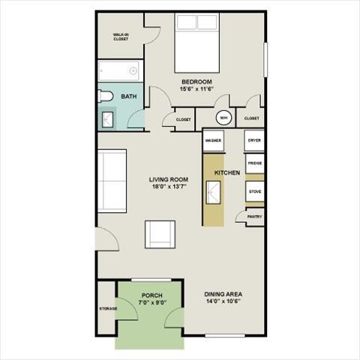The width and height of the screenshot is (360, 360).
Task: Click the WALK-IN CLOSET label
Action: pyautogui.click(x=121, y=37)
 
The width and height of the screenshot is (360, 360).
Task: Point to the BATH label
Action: pyautogui.click(x=129, y=96)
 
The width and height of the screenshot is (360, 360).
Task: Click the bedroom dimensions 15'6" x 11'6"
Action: pyautogui.click(x=196, y=89)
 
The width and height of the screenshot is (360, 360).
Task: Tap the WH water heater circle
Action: pyautogui.click(x=223, y=118)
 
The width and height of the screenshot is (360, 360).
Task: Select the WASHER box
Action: pyautogui.click(x=213, y=140)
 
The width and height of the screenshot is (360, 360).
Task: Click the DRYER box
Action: pyautogui.click(x=254, y=140)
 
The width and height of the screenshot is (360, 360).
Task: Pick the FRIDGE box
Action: pyautogui.click(x=254, y=163)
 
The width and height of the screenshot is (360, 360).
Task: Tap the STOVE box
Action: pyautogui.click(x=254, y=192)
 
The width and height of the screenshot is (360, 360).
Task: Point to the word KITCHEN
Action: pyautogui.click(x=227, y=173)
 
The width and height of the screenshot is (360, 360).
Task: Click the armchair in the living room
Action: pyautogui.click(x=160, y=235)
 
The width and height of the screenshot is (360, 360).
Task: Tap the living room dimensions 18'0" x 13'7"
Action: pyautogui.click(x=168, y=187)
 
